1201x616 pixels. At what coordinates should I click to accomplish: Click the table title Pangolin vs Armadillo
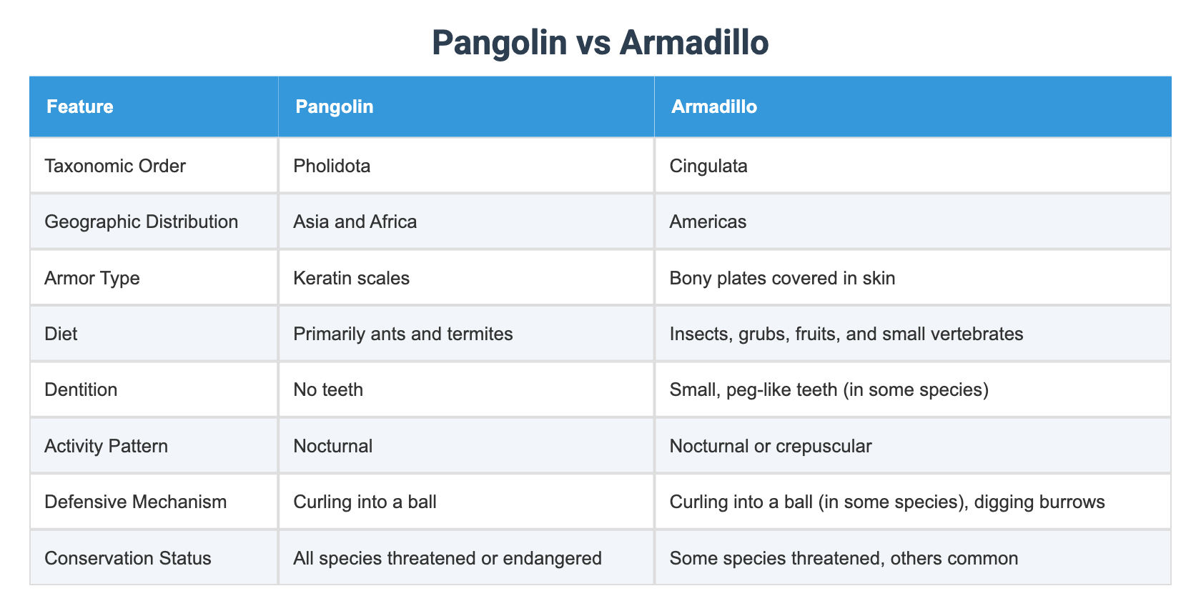(600, 43)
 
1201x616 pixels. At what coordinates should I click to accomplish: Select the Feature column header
(80, 106)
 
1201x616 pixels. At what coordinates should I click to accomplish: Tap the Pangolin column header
(335, 106)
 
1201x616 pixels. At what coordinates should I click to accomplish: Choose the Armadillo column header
(714, 106)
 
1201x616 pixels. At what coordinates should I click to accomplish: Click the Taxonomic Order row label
(115, 166)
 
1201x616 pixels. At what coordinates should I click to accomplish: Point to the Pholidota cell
(332, 166)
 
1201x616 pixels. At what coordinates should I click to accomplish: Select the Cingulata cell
(708, 166)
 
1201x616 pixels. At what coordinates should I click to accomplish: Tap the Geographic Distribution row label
(142, 222)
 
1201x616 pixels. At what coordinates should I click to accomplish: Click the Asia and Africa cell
(355, 222)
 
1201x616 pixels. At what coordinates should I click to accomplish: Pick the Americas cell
(708, 222)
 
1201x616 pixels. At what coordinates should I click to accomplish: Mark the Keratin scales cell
(352, 278)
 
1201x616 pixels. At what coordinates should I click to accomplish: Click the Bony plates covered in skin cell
(782, 278)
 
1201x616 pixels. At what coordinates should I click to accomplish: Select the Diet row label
(61, 334)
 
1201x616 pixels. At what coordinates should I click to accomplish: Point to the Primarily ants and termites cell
(403, 334)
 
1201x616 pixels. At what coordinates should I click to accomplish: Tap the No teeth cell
(328, 389)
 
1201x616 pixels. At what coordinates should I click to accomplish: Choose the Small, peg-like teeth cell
(829, 389)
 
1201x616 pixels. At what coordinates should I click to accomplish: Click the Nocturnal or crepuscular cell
(771, 446)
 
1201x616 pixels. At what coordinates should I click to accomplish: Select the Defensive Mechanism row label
(136, 502)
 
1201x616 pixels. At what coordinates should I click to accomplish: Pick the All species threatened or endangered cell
(448, 557)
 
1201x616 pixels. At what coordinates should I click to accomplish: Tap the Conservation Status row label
(128, 557)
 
